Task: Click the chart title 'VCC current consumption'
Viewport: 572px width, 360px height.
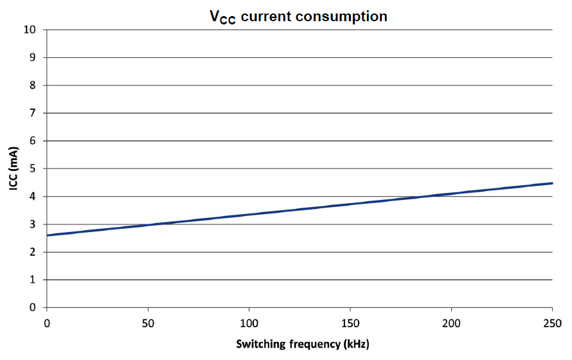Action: pos(299,17)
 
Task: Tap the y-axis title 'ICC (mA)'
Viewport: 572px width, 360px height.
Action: pos(13,168)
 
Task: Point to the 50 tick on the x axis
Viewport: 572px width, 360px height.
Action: pos(148,321)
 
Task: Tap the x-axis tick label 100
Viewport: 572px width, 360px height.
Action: pos(249,321)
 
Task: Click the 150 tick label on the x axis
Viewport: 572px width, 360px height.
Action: pos(350,321)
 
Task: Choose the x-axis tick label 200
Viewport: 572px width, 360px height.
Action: pos(451,321)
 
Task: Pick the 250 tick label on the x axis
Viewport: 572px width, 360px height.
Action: pos(552,321)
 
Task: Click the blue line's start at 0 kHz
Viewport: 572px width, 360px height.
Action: pos(47,235)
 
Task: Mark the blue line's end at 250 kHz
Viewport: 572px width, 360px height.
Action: pos(552,183)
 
